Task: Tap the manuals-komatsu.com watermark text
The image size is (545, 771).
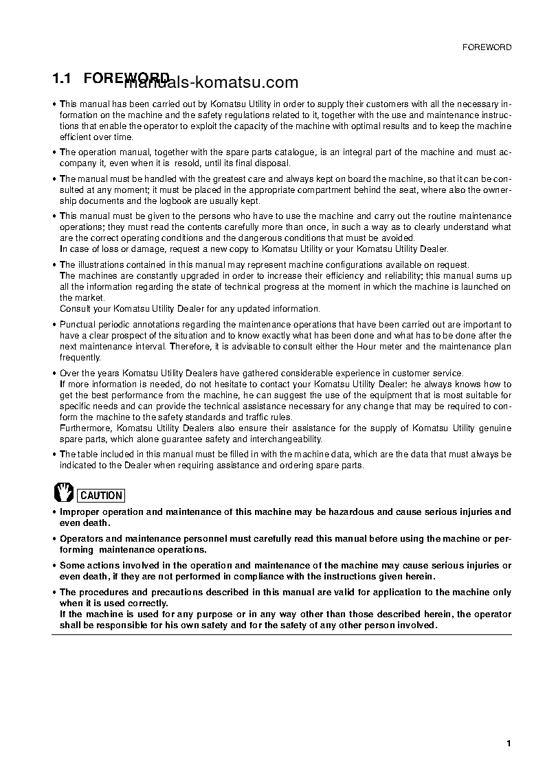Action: tap(212, 83)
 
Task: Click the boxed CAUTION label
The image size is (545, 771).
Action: tap(101, 495)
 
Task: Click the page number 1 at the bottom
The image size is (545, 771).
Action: tap(509, 744)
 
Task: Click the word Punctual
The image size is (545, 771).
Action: tap(78, 324)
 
